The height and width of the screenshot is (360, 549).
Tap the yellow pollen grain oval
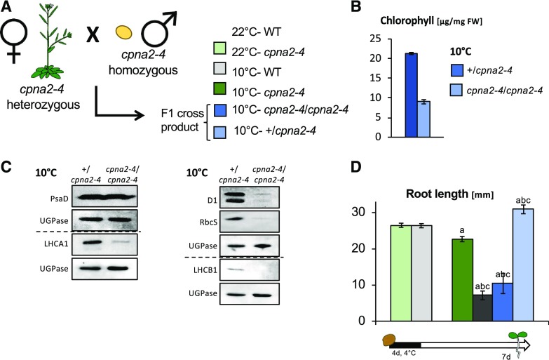(124, 32)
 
